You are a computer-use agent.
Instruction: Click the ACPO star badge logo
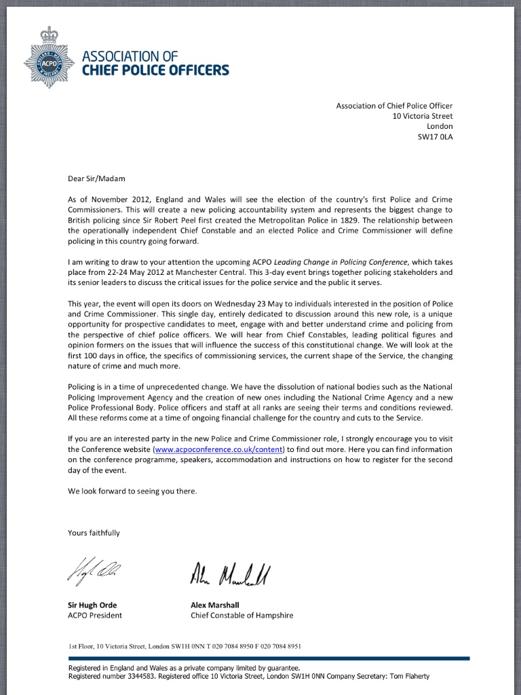[x=49, y=63]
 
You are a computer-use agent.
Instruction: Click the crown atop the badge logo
[x=49, y=34]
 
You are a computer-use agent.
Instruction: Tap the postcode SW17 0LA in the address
[x=435, y=136]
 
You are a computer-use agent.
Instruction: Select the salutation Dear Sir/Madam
[x=96, y=179]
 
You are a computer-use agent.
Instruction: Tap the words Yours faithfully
[x=94, y=533]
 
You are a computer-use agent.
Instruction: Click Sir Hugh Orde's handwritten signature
[x=94, y=571]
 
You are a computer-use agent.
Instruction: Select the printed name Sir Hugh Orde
[x=97, y=605]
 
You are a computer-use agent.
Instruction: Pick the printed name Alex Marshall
[x=215, y=605]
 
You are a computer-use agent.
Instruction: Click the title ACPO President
[x=95, y=616]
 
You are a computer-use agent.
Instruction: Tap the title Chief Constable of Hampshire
[x=242, y=616]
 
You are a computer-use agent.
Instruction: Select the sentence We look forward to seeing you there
[x=132, y=491]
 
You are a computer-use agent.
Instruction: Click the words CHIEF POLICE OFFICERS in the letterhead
[x=155, y=70]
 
